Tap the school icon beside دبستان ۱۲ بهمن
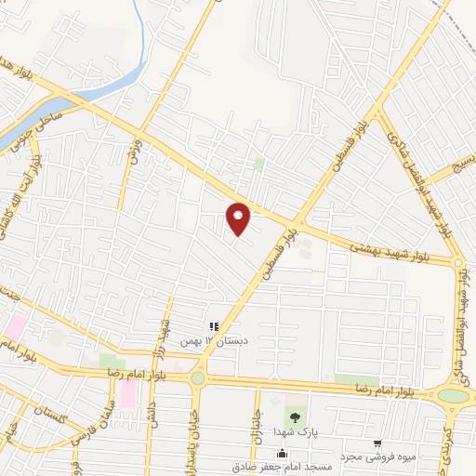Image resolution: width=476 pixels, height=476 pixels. click(214, 327)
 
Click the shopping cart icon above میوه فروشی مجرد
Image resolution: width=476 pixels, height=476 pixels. click(376, 443)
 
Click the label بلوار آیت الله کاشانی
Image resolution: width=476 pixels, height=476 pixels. click(20, 200)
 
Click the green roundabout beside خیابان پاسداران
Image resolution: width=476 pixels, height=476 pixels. click(197, 377)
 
